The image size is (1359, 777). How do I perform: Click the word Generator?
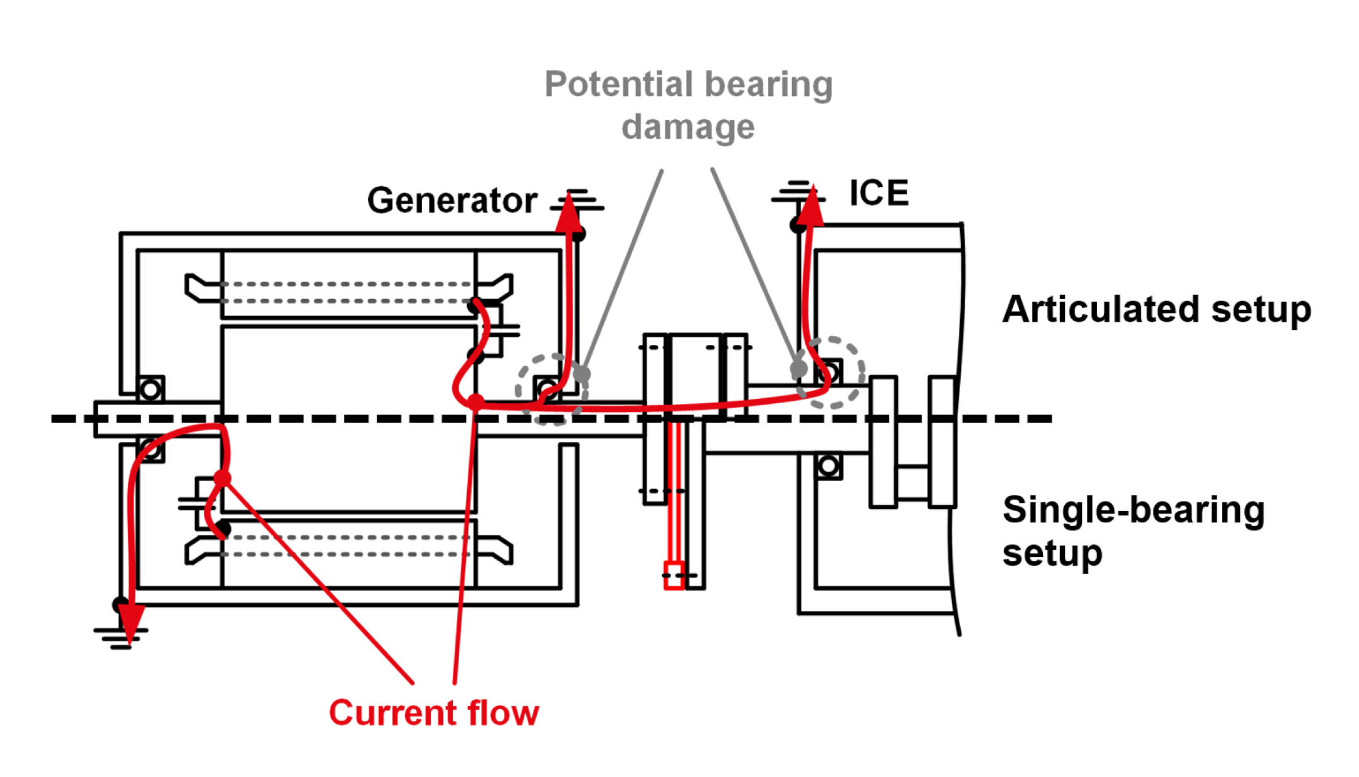point(452,201)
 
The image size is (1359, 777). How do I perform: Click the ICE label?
point(878,193)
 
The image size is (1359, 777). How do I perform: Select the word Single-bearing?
point(1133,510)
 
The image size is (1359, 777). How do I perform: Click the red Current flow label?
point(433,713)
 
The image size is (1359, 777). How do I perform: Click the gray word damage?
point(688,127)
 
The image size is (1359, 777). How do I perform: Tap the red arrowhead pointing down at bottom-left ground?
point(130,624)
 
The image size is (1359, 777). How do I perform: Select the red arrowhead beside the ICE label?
point(812,205)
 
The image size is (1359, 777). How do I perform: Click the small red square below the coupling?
point(674,575)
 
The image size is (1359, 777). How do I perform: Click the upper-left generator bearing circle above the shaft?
point(151,389)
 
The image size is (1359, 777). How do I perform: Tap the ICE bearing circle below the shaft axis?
point(828,465)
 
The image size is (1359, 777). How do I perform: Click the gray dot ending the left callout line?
point(582,374)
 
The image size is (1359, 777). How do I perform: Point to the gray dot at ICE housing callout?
point(798,369)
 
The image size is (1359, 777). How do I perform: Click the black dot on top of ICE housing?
point(798,225)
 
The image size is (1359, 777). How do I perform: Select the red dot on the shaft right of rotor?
point(476,401)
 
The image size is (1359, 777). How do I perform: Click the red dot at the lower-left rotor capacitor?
point(222,478)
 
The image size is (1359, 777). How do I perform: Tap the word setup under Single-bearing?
point(1052,553)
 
